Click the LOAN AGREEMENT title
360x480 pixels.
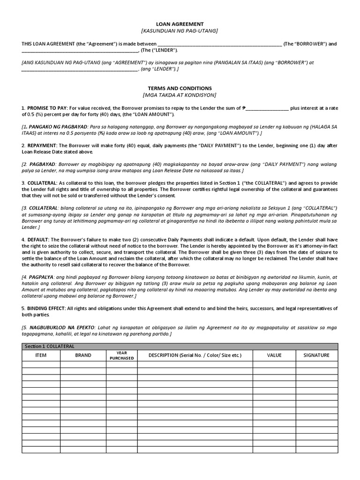pos(180,23)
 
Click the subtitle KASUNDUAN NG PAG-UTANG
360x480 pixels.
pos(180,30)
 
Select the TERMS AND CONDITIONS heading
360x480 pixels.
pos(180,88)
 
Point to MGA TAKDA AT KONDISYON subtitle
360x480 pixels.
pos(180,95)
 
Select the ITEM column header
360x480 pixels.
pos(41,355)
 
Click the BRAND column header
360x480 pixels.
pos(83,355)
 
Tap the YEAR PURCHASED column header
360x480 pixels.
pos(121,355)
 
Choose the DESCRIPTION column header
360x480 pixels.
pos(195,355)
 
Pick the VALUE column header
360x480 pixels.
pos(274,355)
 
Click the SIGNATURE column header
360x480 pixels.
pos(316,355)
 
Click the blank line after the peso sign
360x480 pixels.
pos(267,108)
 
